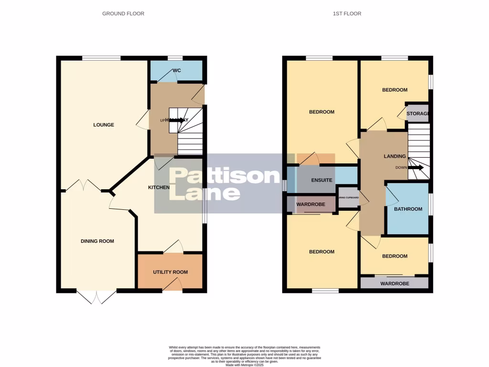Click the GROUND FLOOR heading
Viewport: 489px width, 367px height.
click(123, 13)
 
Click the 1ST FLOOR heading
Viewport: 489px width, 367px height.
click(347, 13)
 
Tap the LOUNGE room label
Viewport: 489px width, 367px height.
click(104, 125)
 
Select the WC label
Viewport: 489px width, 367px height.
click(177, 71)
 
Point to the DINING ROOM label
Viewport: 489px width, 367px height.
click(97, 241)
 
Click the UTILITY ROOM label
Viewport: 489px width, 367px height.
click(170, 272)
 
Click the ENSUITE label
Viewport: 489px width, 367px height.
click(321, 181)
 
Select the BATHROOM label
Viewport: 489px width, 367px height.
click(408, 209)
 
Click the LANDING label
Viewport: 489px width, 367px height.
click(395, 156)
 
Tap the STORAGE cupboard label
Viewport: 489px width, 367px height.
click(417, 113)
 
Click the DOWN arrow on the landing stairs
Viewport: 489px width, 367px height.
click(415, 168)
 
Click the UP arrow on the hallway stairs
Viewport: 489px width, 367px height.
click(177, 120)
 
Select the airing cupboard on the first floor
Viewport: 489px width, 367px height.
click(348, 198)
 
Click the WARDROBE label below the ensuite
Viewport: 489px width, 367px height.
click(311, 204)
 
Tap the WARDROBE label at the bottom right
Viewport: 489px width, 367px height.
click(394, 283)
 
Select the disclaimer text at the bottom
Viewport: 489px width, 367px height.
click(244, 356)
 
